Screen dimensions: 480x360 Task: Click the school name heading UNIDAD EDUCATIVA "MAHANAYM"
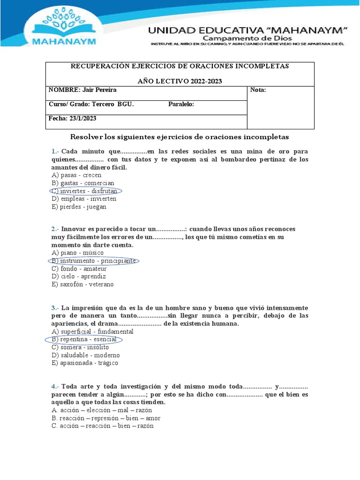pos(247,30)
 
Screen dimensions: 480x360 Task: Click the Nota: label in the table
pos(258,90)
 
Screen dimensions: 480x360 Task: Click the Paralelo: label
pos(181,105)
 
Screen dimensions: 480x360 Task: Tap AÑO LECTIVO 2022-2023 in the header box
pos(180,81)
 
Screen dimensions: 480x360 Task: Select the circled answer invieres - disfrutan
pos(85,191)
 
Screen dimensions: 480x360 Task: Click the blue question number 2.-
pos(55,229)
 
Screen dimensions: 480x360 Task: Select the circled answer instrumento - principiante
pos(94,261)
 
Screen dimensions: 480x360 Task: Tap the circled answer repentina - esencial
pos(84,339)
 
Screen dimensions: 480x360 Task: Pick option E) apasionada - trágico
pos(85,363)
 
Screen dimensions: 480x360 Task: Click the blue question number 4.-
pos(55,387)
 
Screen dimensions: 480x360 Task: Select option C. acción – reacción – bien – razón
pos(102,426)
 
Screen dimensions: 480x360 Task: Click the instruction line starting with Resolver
pos(180,137)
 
